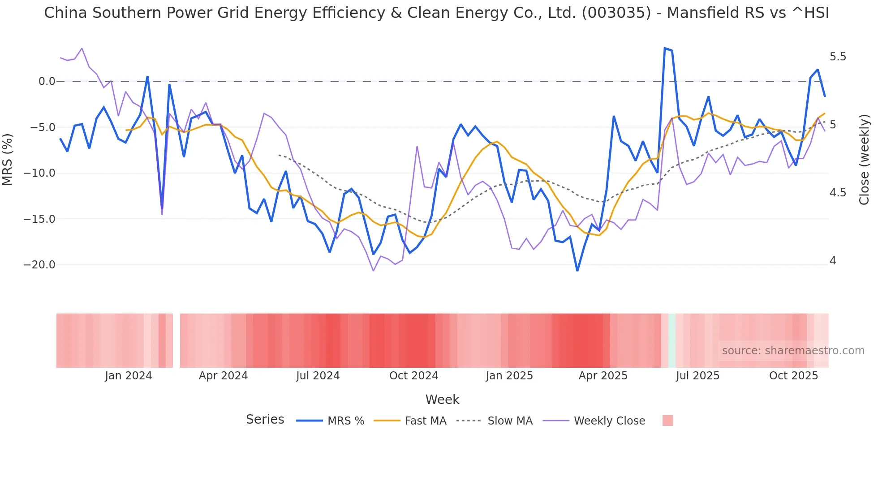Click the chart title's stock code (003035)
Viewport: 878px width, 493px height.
[x=616, y=13]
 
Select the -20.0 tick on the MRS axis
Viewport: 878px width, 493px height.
[x=39, y=265]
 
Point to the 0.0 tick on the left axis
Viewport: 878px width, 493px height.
[x=47, y=81]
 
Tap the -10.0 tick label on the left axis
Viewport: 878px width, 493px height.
[x=39, y=173]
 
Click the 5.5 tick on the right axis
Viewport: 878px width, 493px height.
[x=838, y=57]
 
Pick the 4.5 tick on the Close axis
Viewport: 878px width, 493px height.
[x=838, y=193]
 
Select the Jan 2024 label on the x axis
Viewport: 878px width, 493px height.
[x=129, y=376]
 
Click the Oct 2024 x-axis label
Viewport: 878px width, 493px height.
[x=413, y=376]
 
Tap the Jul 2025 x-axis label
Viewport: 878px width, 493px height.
[x=697, y=376]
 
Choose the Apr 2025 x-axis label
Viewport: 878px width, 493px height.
[x=603, y=376]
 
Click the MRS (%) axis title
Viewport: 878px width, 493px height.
[x=8, y=160]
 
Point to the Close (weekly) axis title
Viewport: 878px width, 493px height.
[x=864, y=160]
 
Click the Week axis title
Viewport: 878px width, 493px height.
[x=442, y=399]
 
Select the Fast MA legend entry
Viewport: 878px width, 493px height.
[x=425, y=421]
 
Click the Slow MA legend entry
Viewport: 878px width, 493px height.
[x=510, y=421]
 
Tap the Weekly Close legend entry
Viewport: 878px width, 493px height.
[x=609, y=421]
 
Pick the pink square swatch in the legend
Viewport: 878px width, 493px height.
[x=667, y=421]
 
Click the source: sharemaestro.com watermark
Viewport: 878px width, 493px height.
[x=793, y=351]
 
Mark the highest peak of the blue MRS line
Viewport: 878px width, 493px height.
[x=665, y=48]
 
